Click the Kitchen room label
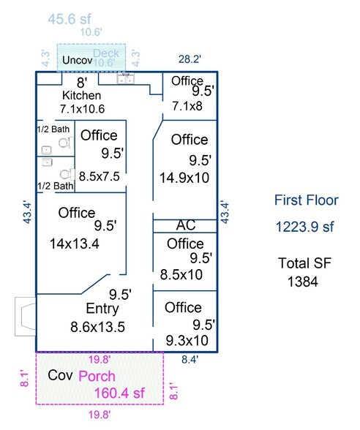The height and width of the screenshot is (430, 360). (x=82, y=95)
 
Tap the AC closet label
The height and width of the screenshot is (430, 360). (x=186, y=225)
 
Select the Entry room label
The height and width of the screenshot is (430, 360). (x=102, y=309)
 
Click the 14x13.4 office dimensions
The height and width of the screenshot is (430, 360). (x=75, y=244)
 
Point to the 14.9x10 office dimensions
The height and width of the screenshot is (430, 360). (x=184, y=178)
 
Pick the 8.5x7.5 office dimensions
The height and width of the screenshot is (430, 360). (x=100, y=176)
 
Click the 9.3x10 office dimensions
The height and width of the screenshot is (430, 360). (x=187, y=341)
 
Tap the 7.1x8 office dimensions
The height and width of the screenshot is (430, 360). (x=187, y=106)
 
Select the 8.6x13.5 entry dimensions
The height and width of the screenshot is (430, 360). (x=98, y=327)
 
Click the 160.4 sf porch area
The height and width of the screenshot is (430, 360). (x=119, y=393)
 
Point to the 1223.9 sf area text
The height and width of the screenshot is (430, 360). (x=304, y=227)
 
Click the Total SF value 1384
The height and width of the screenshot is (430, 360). (x=303, y=282)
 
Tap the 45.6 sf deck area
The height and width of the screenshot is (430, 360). (x=70, y=19)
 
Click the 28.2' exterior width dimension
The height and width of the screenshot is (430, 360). (x=190, y=59)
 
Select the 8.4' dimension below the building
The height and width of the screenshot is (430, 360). (x=190, y=359)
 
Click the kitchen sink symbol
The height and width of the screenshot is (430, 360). (x=125, y=79)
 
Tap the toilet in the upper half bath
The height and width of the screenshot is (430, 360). (x=66, y=143)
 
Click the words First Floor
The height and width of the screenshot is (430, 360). (x=306, y=200)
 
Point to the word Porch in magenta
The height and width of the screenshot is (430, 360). (x=97, y=376)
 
